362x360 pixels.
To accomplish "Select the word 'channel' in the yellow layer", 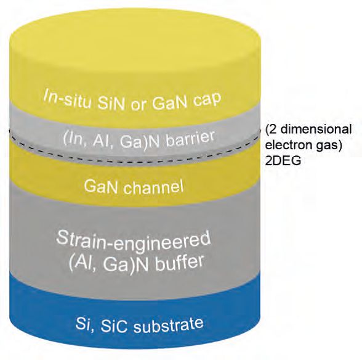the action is point(153,187).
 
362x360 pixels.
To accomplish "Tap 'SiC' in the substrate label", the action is point(114,326).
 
